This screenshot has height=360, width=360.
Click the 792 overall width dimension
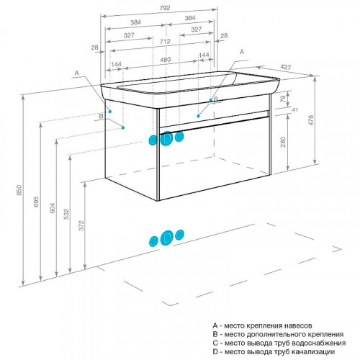(165, 8)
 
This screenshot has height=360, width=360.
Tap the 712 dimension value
(165, 42)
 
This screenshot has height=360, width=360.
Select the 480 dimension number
(166, 60)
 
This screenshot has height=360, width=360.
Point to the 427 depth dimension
(286, 67)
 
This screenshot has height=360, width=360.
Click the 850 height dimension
(19, 190)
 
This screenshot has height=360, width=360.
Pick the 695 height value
(36, 202)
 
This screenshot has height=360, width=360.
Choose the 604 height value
(52, 207)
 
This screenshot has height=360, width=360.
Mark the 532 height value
(66, 215)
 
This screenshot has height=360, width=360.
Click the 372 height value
(81, 225)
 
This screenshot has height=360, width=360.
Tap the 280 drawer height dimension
(283, 142)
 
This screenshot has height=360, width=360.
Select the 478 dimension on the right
(310, 120)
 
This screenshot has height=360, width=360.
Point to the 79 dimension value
(283, 99)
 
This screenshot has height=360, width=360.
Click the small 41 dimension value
(294, 110)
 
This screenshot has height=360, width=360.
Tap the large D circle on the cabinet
(166, 138)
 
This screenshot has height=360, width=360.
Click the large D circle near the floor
(167, 238)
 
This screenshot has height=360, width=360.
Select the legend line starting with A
(262, 325)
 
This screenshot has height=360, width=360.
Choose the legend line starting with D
(274, 352)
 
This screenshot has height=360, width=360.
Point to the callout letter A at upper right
(242, 52)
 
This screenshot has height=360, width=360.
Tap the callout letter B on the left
(101, 116)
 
